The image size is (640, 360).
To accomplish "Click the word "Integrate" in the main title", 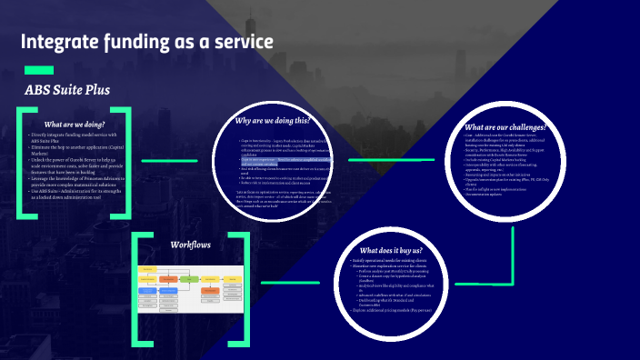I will point(60,42).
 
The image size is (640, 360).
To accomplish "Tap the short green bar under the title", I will point(38,70).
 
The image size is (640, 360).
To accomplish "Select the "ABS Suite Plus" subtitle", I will point(67,90).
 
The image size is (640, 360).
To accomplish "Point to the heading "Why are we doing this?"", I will point(273,120).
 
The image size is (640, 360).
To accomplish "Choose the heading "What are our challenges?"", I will point(505,126).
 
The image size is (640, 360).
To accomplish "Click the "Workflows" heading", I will point(191,245).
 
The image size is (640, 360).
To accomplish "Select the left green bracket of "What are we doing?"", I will point(19,164).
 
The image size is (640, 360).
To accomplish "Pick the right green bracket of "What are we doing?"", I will point(128,164).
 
